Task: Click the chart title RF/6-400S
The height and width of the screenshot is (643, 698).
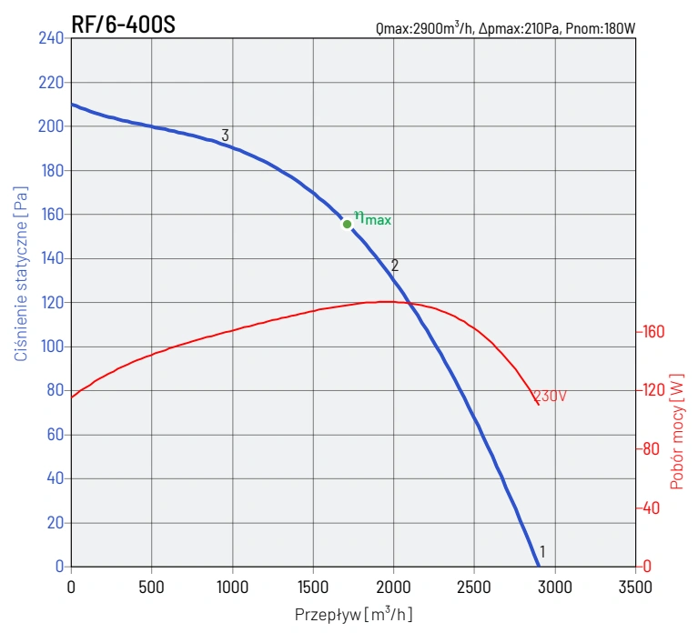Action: coord(123,25)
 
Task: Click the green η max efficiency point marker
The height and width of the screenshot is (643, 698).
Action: coord(347,224)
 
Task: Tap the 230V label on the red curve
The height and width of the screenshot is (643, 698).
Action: coord(551,397)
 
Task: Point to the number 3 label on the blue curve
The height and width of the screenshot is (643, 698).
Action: coord(225,136)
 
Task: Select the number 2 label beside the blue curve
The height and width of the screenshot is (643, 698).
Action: coord(395,266)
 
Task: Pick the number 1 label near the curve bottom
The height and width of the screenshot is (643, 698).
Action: coord(542,551)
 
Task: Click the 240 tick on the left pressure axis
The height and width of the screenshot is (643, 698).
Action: coord(51,38)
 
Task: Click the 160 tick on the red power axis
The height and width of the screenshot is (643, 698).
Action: coord(654,332)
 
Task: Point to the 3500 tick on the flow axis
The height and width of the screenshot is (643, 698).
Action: coord(635,587)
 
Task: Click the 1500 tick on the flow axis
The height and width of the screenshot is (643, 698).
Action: coord(313,587)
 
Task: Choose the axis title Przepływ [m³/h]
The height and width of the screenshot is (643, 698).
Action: coord(353,615)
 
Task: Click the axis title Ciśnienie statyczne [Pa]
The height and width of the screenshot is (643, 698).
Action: coord(20,273)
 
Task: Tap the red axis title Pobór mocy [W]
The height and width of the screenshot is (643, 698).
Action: coord(676,430)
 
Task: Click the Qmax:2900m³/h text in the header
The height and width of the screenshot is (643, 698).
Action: coord(424,28)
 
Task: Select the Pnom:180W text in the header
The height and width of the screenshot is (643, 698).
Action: coord(600,28)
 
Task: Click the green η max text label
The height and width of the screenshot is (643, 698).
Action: coord(373,218)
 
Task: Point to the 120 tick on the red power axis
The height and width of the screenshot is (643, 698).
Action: coord(654,390)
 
